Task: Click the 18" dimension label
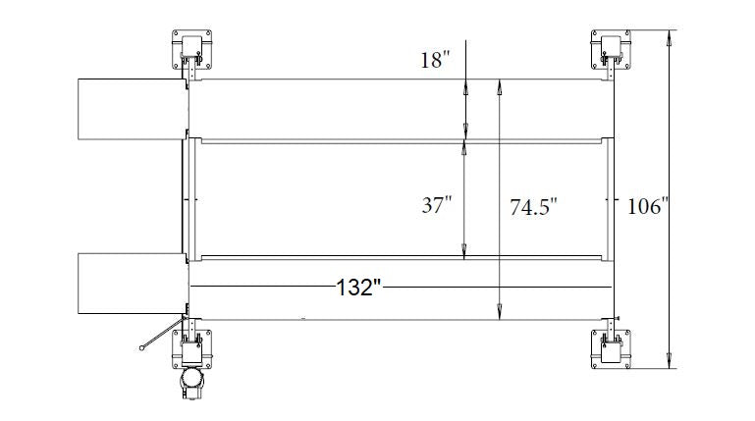[x=434, y=61]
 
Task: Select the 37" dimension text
[x=436, y=206]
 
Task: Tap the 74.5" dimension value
[x=533, y=207]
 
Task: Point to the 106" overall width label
[x=646, y=206]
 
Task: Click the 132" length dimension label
[x=357, y=288]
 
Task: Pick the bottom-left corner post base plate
[x=192, y=349]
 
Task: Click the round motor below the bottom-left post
[x=191, y=383]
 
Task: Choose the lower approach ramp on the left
[x=131, y=284]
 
